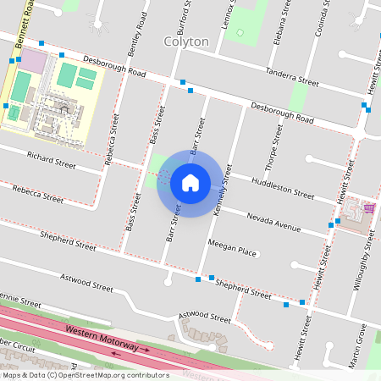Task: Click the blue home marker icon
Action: (190, 182)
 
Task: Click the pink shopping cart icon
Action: (368, 207)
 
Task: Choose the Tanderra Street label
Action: (291, 78)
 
